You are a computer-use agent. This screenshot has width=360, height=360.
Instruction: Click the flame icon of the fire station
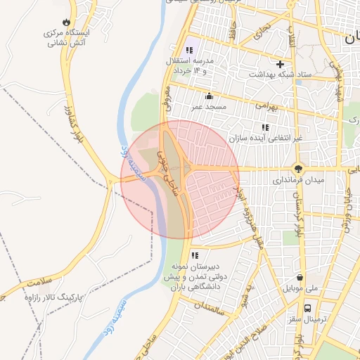pyautogui.click(x=67, y=23)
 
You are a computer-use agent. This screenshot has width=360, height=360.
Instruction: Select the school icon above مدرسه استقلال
pyautogui.click(x=188, y=51)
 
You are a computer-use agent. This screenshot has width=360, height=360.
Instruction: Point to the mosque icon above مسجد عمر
pyautogui.click(x=208, y=96)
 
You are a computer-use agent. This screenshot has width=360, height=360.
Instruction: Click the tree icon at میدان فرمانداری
pyautogui.click(x=299, y=169)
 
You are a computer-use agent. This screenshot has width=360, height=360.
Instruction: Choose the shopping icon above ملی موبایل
pyautogui.click(x=301, y=277)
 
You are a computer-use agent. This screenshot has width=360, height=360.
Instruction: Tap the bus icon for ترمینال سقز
pyautogui.click(x=307, y=308)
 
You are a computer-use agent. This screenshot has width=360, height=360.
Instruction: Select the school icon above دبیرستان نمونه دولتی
pyautogui.click(x=195, y=255)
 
